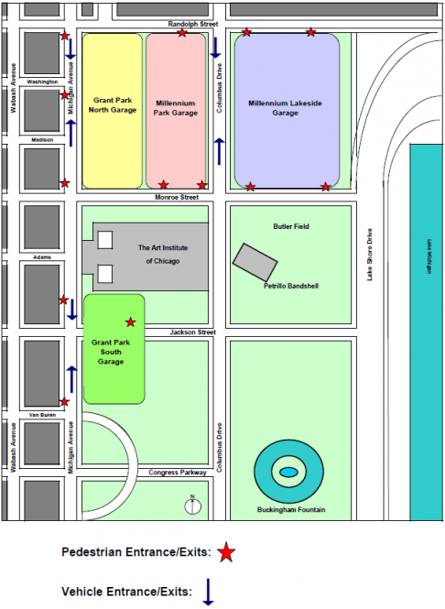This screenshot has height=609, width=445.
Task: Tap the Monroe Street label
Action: pyautogui.click(x=177, y=197)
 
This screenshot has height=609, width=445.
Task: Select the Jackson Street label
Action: pyautogui.click(x=192, y=332)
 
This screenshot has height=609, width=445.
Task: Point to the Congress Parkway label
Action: pyautogui.click(x=179, y=473)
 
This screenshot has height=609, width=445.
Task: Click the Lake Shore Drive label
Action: pyautogui.click(x=371, y=255)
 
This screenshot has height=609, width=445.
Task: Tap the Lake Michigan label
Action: pyautogui.click(x=429, y=256)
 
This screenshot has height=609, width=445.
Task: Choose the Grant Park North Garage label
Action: pyautogui.click(x=113, y=104)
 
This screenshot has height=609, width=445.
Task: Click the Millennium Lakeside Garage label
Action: pyautogui.click(x=286, y=108)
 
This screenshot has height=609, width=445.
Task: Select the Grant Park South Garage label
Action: pyautogui.click(x=113, y=352)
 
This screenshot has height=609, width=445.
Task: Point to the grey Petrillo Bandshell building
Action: pyautogui.click(x=255, y=262)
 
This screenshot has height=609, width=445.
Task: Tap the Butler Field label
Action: pyautogui.click(x=290, y=225)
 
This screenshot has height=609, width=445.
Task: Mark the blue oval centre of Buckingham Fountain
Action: pyautogui.click(x=288, y=472)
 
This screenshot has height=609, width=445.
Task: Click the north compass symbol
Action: pyautogui.click(x=192, y=505)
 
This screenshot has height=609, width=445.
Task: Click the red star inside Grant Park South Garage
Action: pyautogui.click(x=130, y=321)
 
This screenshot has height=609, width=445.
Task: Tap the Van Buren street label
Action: pyautogui.click(x=41, y=414)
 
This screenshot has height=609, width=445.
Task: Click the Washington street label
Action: pyautogui.click(x=42, y=82)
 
